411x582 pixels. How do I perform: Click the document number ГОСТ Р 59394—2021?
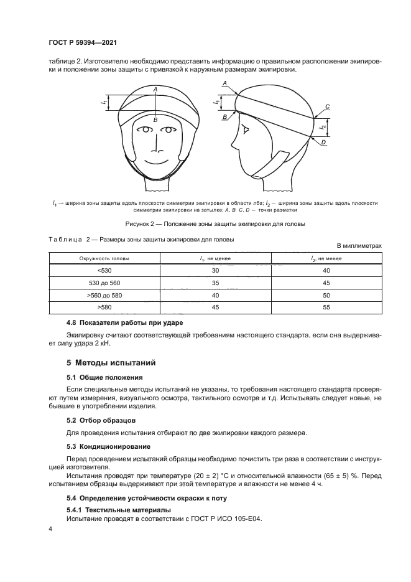click(83, 42)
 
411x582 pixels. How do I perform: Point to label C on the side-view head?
click(327, 107)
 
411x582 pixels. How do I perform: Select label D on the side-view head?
click(324, 143)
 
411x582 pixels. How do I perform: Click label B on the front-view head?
click(155, 119)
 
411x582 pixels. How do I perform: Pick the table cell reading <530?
click(103, 271)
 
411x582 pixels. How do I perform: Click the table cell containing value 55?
click(326, 307)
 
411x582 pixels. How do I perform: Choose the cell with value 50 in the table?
click(326, 295)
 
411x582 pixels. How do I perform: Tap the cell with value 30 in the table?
click(215, 271)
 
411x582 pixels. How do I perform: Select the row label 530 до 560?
click(103, 283)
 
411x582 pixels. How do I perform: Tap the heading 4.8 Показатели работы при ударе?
click(125, 322)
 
